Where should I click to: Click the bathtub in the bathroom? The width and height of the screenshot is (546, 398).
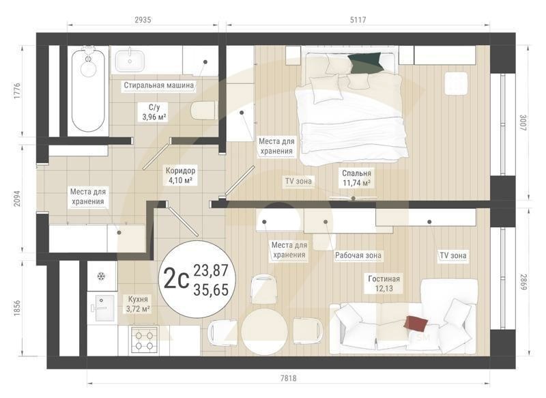click(x=89, y=89)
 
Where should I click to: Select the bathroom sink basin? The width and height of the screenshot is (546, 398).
click(x=128, y=61)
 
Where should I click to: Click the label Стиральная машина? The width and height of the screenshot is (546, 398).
click(x=158, y=86)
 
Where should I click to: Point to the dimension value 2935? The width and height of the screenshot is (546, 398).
click(x=142, y=20)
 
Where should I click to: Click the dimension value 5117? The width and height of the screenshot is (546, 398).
click(x=357, y=20)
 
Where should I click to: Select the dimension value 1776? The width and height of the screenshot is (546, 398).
click(x=17, y=92)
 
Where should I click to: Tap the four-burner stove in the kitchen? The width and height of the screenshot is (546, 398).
click(x=144, y=339)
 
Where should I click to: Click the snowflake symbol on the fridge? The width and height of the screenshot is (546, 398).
click(x=101, y=276)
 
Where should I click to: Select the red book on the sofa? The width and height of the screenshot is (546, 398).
click(x=416, y=323)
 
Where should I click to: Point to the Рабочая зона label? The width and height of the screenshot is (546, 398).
click(x=358, y=255)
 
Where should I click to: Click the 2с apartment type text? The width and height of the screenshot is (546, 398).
click(x=176, y=279)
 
